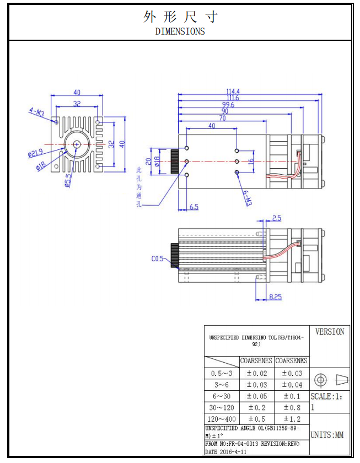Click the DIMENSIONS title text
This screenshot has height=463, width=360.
180,31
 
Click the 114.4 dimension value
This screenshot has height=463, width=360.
232,91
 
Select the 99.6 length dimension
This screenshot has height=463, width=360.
228,104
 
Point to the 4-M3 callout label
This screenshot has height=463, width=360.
36,112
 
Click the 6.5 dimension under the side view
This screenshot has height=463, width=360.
194,207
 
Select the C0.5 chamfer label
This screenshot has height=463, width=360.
158,258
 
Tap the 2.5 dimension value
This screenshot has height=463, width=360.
277,218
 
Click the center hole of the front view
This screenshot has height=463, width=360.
76,144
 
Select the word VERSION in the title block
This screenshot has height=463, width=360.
330,332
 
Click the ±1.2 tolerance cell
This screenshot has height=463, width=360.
292,419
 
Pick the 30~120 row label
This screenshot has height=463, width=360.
221,407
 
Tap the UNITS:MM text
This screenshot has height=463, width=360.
327,435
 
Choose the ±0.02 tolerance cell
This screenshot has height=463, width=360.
256,373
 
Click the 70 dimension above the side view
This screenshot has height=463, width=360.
222,118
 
